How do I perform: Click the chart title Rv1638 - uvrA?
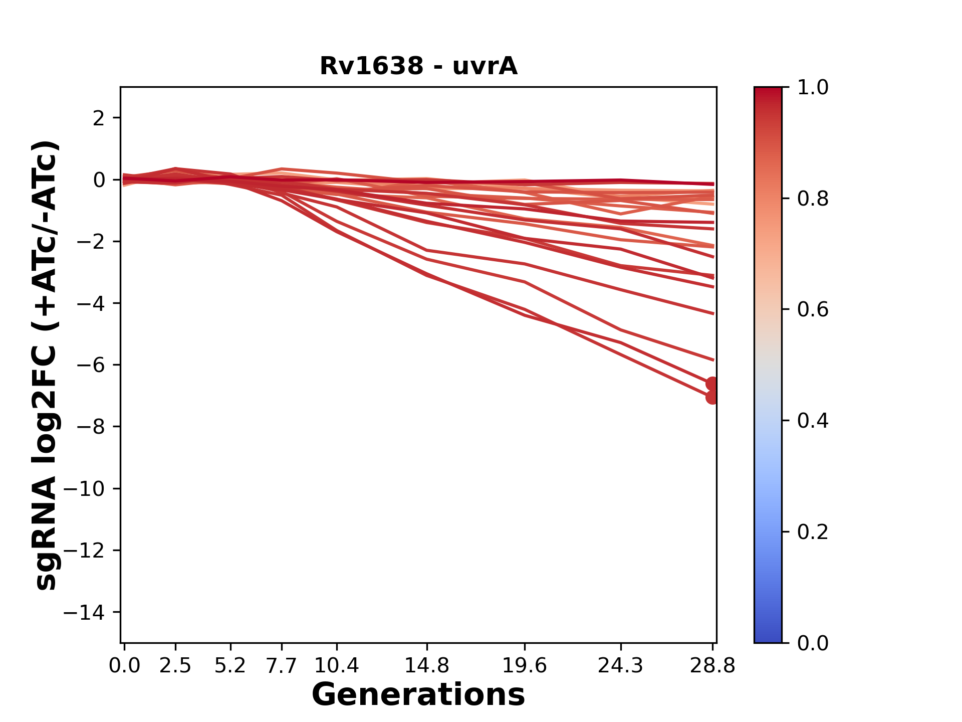(x=418, y=66)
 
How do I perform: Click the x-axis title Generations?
(x=418, y=695)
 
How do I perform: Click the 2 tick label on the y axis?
(x=99, y=118)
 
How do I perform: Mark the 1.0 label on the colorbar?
(x=813, y=88)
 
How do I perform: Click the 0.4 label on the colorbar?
(x=813, y=421)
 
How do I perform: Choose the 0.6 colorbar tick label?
(x=813, y=309)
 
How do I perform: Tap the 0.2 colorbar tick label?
(x=813, y=532)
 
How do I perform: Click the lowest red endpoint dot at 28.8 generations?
(x=711, y=397)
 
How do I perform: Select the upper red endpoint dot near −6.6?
(x=711, y=384)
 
